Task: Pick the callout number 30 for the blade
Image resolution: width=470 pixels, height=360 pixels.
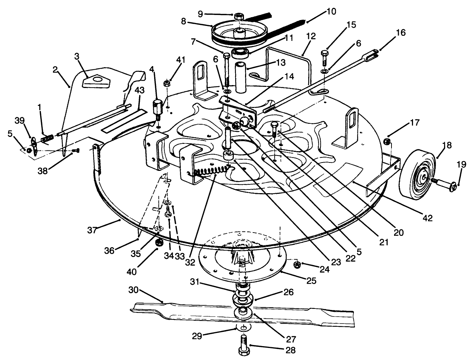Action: tap(134, 290)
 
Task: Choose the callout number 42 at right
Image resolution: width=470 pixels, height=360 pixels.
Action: tap(427, 218)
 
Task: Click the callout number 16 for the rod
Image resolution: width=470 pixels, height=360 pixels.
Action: tap(400, 33)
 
